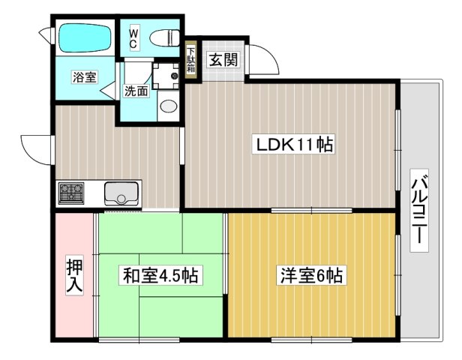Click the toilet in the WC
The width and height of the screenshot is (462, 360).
[163, 37]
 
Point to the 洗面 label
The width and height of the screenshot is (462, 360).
[136, 92]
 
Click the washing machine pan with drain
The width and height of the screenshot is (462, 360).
[166, 76]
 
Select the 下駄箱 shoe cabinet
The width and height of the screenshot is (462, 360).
[190, 58]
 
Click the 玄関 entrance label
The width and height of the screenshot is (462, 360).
[220, 60]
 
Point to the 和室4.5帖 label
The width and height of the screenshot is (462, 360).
[160, 276]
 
